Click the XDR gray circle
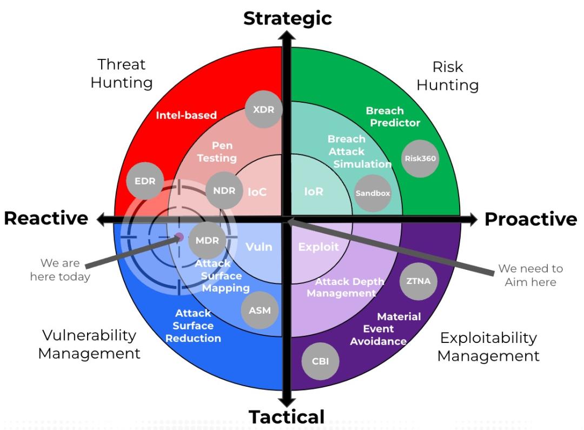click(263, 110)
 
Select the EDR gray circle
click(145, 181)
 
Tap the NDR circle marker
click(224, 190)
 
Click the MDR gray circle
click(207, 240)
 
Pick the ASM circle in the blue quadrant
click(260, 311)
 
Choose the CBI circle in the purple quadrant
click(320, 361)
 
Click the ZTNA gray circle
click(418, 281)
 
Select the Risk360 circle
click(421, 158)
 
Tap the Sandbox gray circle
click(373, 193)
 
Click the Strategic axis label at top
click(287, 18)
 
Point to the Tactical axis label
click(287, 417)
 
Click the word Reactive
click(46, 218)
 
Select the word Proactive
click(530, 219)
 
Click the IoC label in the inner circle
click(257, 192)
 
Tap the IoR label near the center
click(314, 191)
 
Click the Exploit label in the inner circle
click(318, 247)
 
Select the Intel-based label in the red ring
click(186, 115)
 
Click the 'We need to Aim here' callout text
click(530, 275)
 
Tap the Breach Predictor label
click(392, 117)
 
